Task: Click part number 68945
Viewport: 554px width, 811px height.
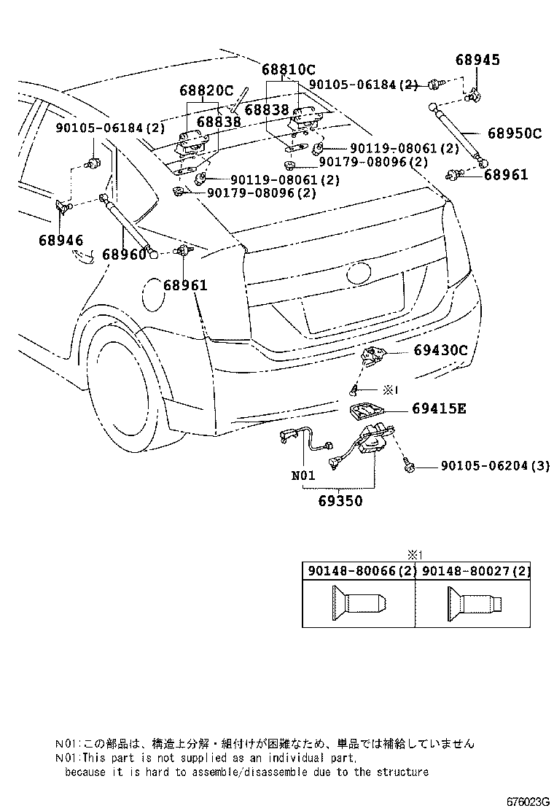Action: click(478, 60)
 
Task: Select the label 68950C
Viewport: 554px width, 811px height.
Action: click(515, 133)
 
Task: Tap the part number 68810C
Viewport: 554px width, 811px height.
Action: click(289, 70)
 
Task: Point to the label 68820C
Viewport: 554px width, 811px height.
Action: click(206, 91)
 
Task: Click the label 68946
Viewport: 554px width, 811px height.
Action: click(61, 240)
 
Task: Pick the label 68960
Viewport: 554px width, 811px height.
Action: click(124, 255)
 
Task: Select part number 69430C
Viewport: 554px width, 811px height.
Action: click(440, 350)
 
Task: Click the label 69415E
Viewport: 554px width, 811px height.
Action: click(439, 408)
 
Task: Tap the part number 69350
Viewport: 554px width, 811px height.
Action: click(340, 502)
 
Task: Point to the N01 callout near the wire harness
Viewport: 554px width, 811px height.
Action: click(303, 476)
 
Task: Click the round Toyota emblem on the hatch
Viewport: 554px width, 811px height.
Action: click(359, 273)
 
